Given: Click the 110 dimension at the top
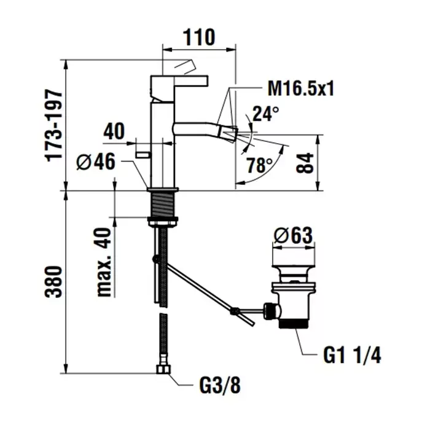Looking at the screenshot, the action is (199, 37).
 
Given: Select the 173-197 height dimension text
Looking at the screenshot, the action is (54, 125).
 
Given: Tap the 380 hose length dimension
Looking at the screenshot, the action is (54, 281).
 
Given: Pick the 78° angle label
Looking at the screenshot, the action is (259, 165).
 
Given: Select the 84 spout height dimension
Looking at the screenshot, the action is (305, 163).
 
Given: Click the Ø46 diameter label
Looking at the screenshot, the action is (96, 162).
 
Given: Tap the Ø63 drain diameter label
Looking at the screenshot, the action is (294, 235).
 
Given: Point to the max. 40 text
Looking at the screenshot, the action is (105, 262).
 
